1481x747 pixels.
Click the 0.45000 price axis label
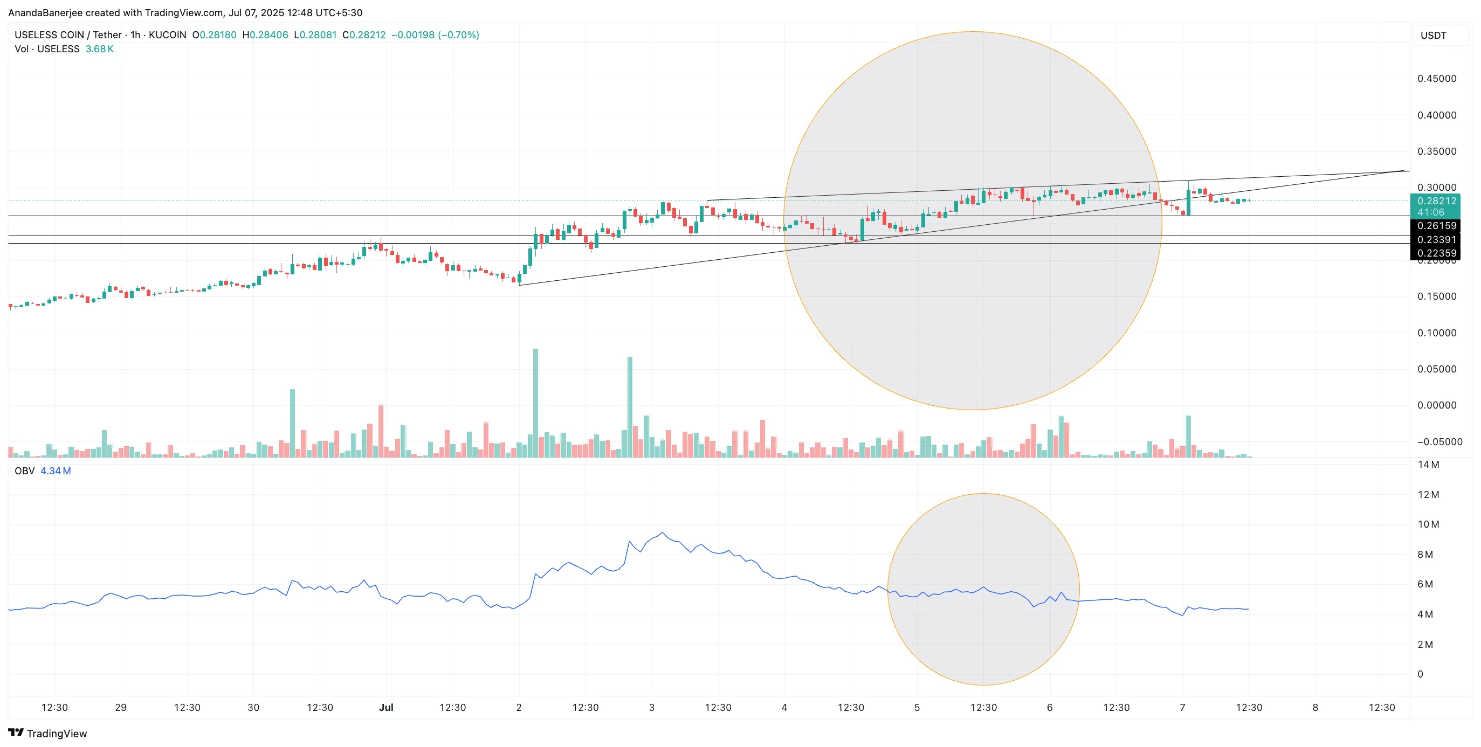[1436, 79]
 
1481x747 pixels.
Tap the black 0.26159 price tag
[1436, 226]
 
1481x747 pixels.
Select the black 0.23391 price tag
[1436, 240]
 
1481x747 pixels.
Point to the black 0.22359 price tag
[1436, 253]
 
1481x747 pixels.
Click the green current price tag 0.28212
[1436, 201]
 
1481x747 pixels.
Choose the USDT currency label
[1433, 36]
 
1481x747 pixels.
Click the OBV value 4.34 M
[56, 471]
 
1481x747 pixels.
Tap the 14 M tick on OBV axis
[1428, 464]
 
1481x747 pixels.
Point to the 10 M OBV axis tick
[1428, 524]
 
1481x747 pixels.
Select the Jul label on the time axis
[386, 707]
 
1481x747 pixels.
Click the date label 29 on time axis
[121, 707]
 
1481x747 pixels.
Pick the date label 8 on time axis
[1315, 707]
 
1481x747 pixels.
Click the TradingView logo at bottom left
[48, 733]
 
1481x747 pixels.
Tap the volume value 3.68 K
[99, 49]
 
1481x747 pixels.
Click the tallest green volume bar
[535, 402]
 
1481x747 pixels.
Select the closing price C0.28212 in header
[364, 35]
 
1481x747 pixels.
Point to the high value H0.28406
[265, 35]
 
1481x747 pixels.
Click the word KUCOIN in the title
[167, 35]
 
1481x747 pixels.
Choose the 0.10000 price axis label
[1436, 333]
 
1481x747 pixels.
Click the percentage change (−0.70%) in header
[458, 35]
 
